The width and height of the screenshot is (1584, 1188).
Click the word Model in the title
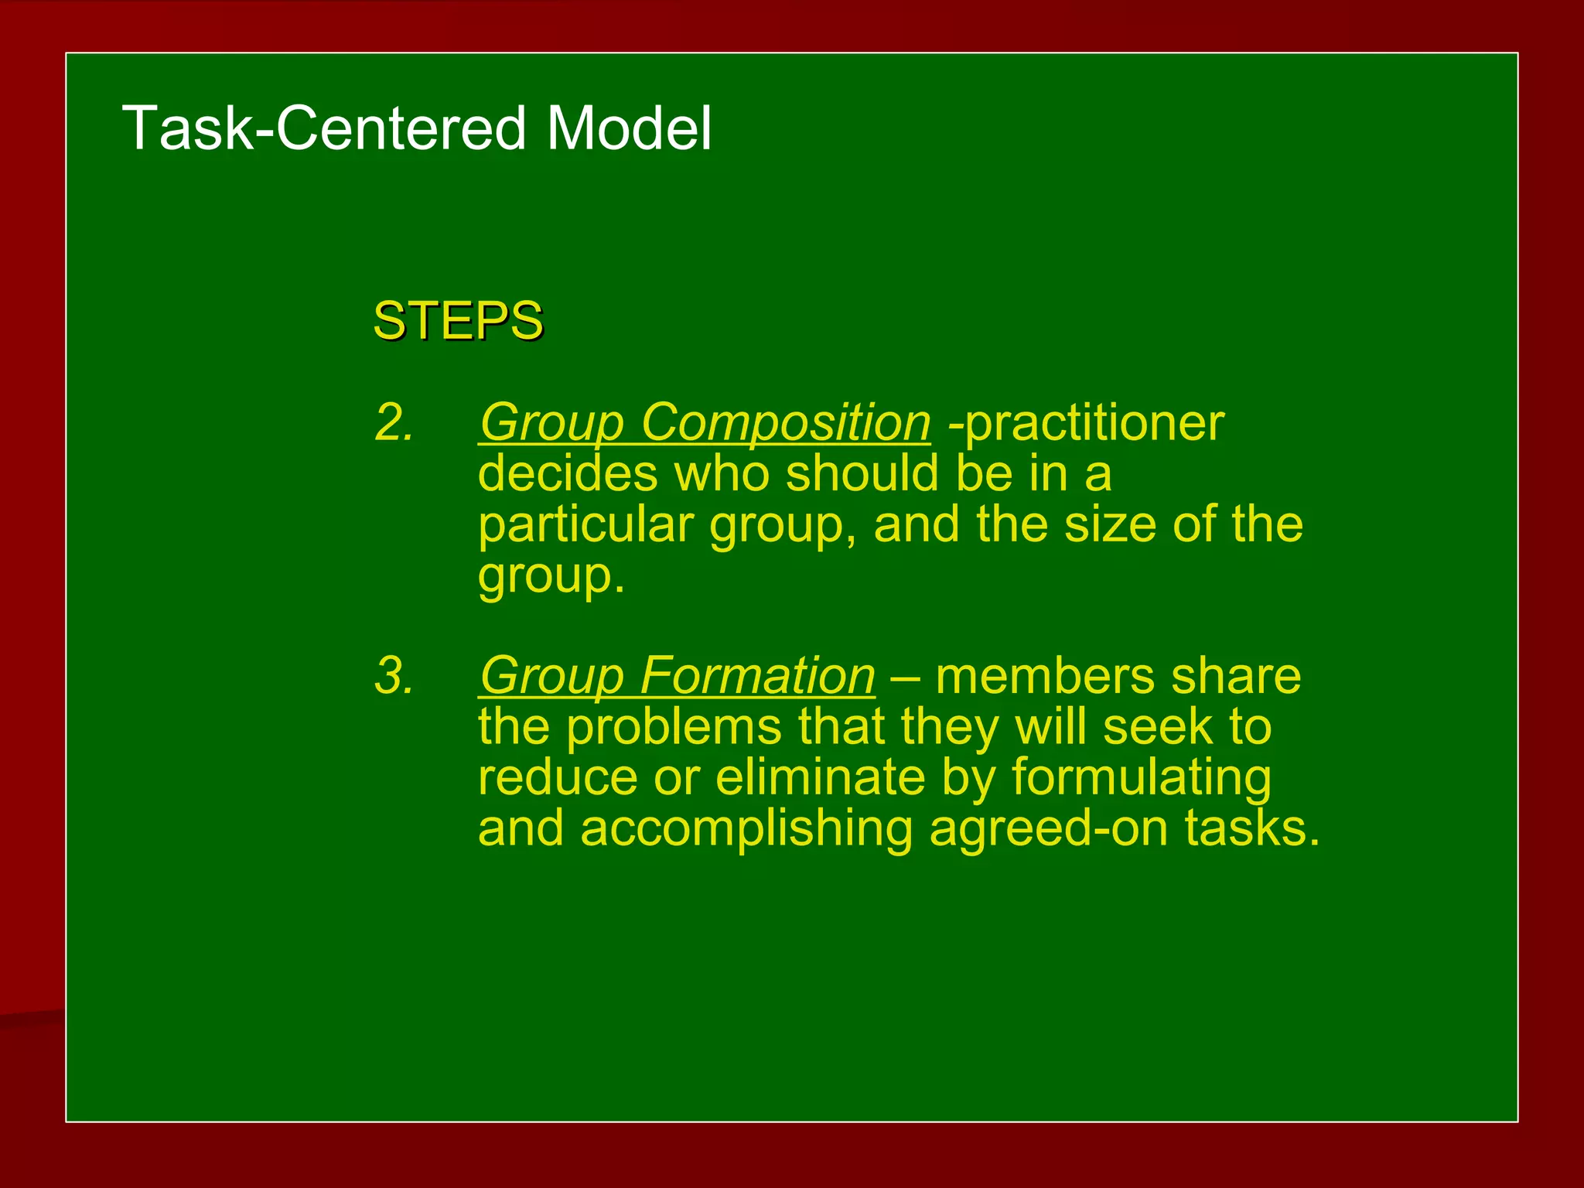[628, 128]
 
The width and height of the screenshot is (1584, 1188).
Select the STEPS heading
[458, 320]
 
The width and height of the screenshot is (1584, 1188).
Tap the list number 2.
[394, 423]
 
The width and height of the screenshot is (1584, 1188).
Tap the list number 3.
[394, 676]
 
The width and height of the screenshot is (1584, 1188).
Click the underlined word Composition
[785, 423]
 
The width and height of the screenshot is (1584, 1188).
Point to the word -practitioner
[1086, 423]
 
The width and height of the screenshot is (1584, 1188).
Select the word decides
[567, 473]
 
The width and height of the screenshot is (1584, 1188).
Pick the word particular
[585, 524]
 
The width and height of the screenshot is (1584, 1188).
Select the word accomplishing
[746, 829]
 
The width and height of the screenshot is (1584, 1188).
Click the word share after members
[1235, 676]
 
